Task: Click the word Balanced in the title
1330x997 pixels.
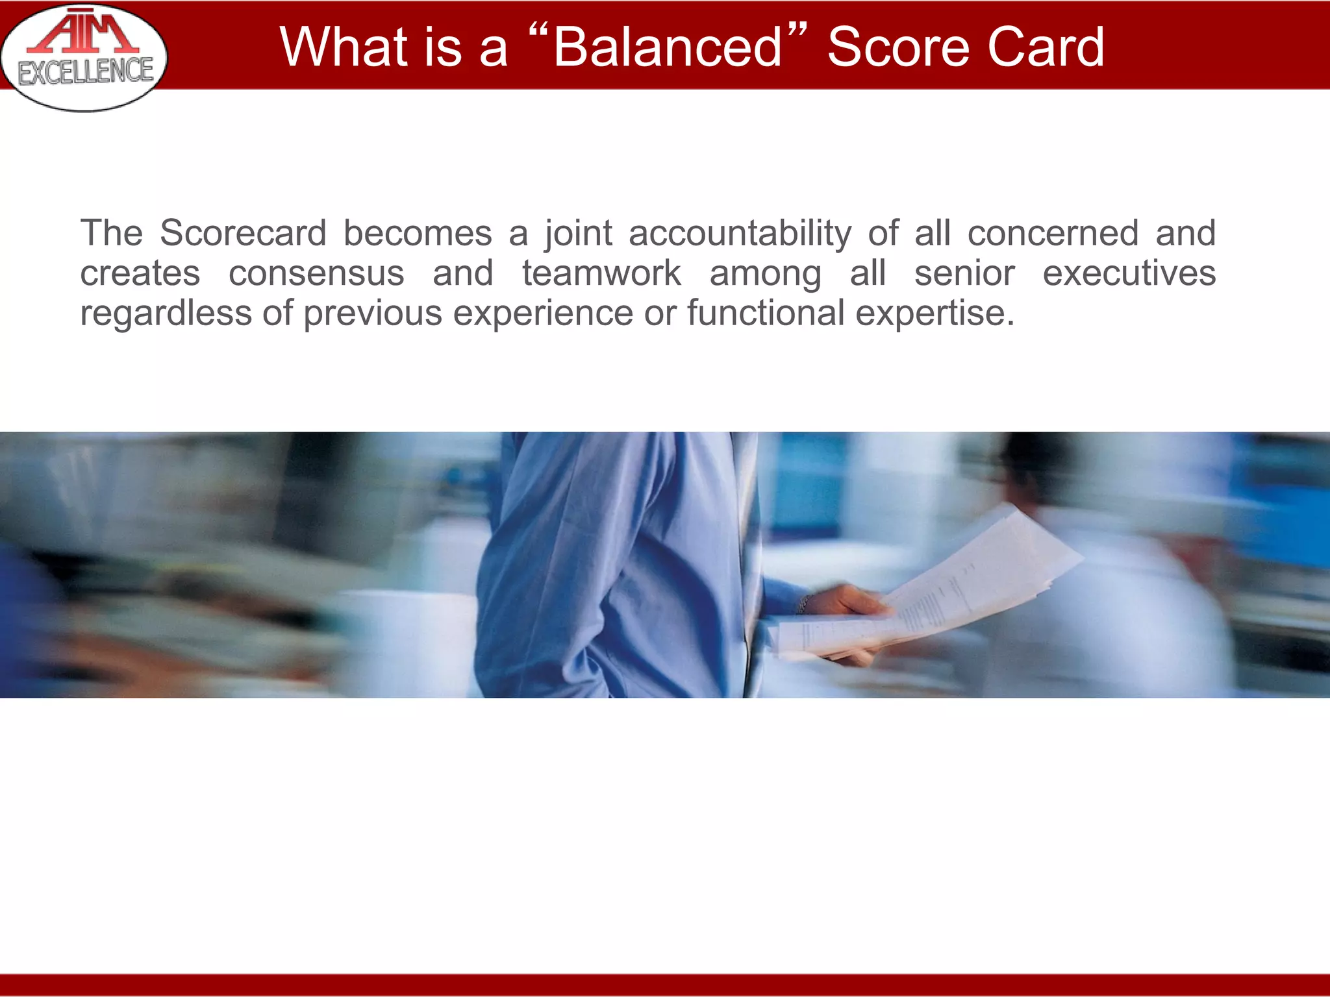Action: pyautogui.click(x=668, y=47)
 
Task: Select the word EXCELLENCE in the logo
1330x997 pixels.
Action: pyautogui.click(x=86, y=72)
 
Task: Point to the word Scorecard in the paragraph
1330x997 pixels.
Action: pyautogui.click(x=243, y=233)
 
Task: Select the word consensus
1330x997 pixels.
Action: pyautogui.click(x=316, y=273)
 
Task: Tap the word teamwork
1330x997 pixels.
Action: pyautogui.click(x=601, y=273)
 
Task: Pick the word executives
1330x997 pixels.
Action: pyautogui.click(x=1129, y=273)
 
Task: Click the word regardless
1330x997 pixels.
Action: pyautogui.click(x=166, y=314)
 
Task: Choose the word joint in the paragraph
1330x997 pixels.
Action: pyautogui.click(x=578, y=233)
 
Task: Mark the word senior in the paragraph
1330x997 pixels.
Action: pyautogui.click(x=964, y=273)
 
